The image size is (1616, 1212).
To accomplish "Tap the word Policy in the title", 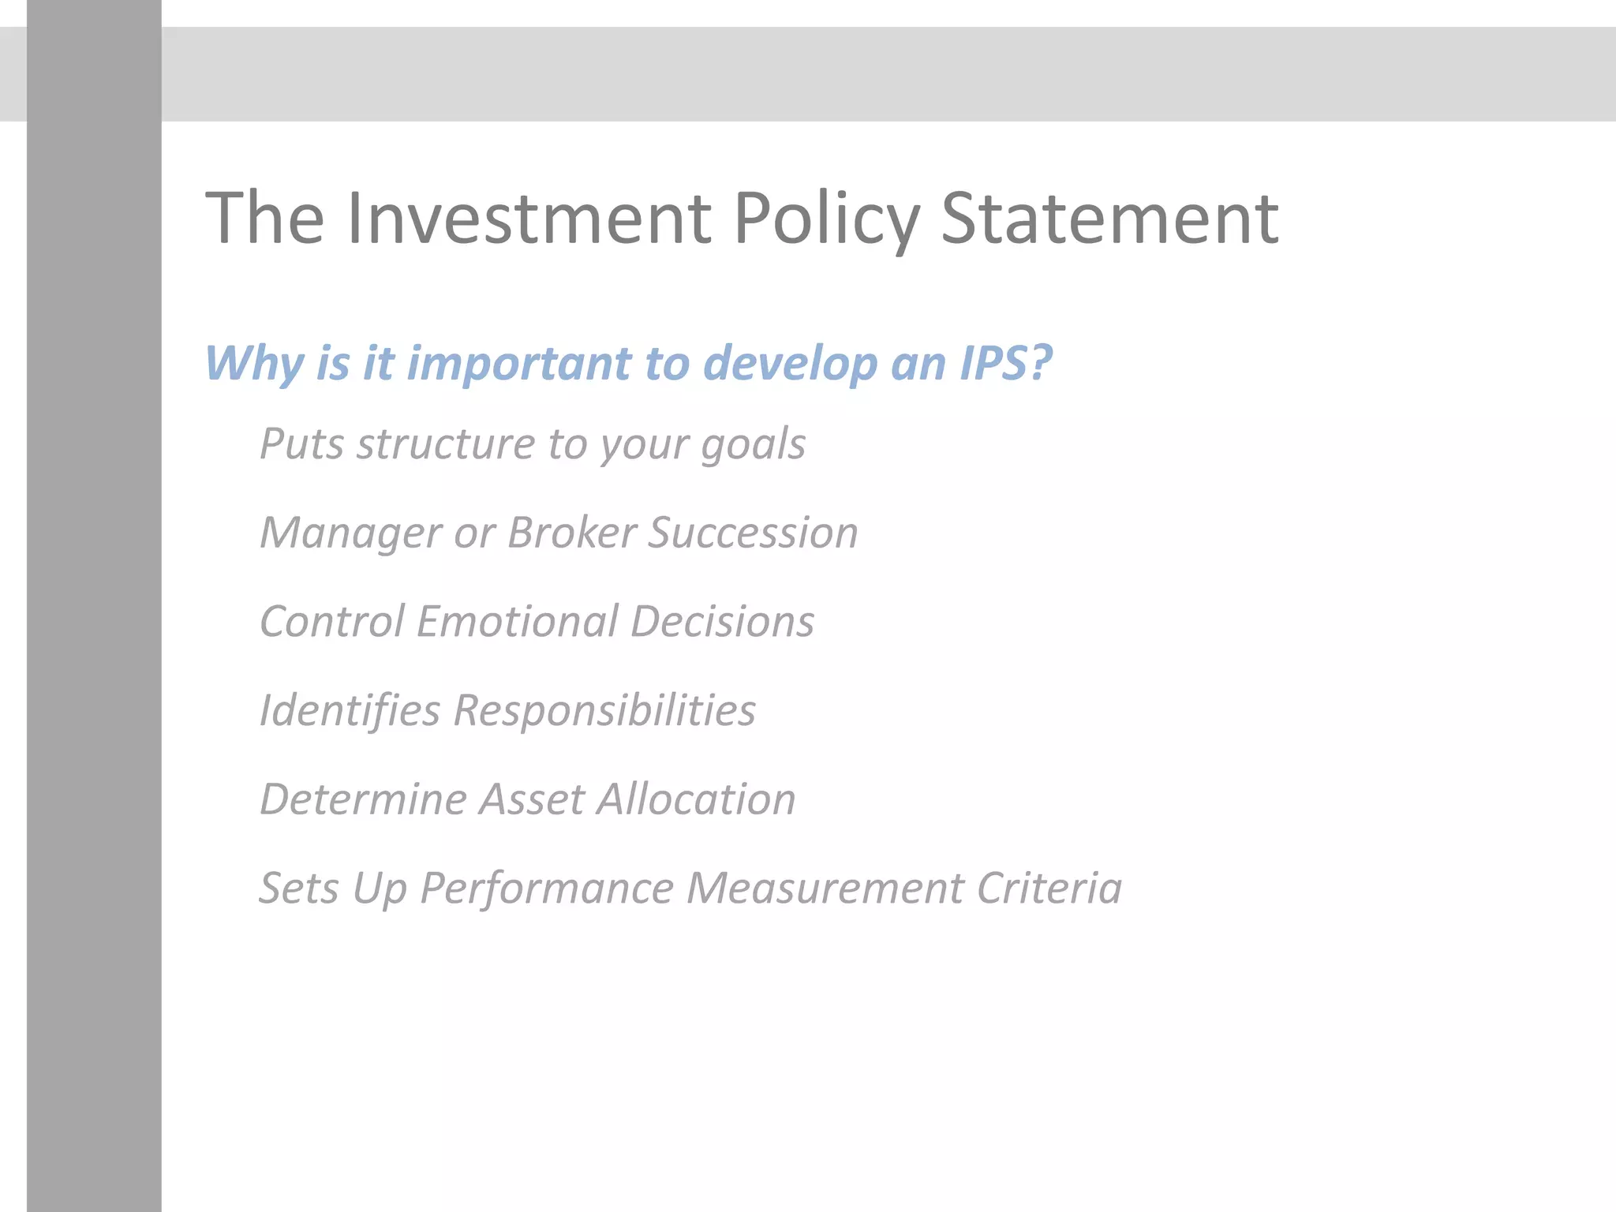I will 826,219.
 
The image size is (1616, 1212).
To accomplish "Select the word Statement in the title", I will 1109,219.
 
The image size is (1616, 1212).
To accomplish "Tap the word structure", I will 446,443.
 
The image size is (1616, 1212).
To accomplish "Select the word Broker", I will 571,533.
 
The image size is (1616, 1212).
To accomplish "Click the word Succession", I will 753,533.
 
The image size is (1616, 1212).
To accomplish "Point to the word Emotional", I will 517,622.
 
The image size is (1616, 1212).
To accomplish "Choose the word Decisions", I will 722,622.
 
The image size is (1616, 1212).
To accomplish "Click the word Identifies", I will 350,710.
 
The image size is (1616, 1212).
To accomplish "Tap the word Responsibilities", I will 604,710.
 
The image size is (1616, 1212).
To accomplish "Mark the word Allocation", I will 696,799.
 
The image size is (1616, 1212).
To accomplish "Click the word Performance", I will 546,888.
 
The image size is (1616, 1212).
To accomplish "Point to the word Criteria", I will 1049,888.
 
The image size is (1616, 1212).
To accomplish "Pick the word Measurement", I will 825,888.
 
